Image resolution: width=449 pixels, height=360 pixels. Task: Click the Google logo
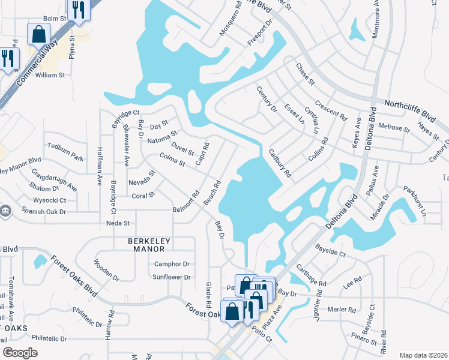pyautogui.click(x=20, y=353)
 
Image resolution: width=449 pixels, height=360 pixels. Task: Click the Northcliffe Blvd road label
pyautogui.click(x=411, y=108)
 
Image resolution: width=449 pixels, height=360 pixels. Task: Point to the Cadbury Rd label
pyautogui.click(x=280, y=163)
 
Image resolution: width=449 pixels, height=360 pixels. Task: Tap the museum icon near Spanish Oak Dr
pyautogui.click(x=5, y=211)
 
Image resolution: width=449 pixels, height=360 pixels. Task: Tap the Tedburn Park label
pyautogui.click(x=65, y=151)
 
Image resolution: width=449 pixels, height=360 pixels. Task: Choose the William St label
pyautogui.click(x=50, y=75)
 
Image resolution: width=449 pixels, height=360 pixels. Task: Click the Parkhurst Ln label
pyautogui.click(x=414, y=204)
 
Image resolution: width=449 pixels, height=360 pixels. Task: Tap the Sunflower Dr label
pyautogui.click(x=171, y=277)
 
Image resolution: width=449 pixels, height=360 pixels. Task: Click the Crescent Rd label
pyautogui.click(x=331, y=107)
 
